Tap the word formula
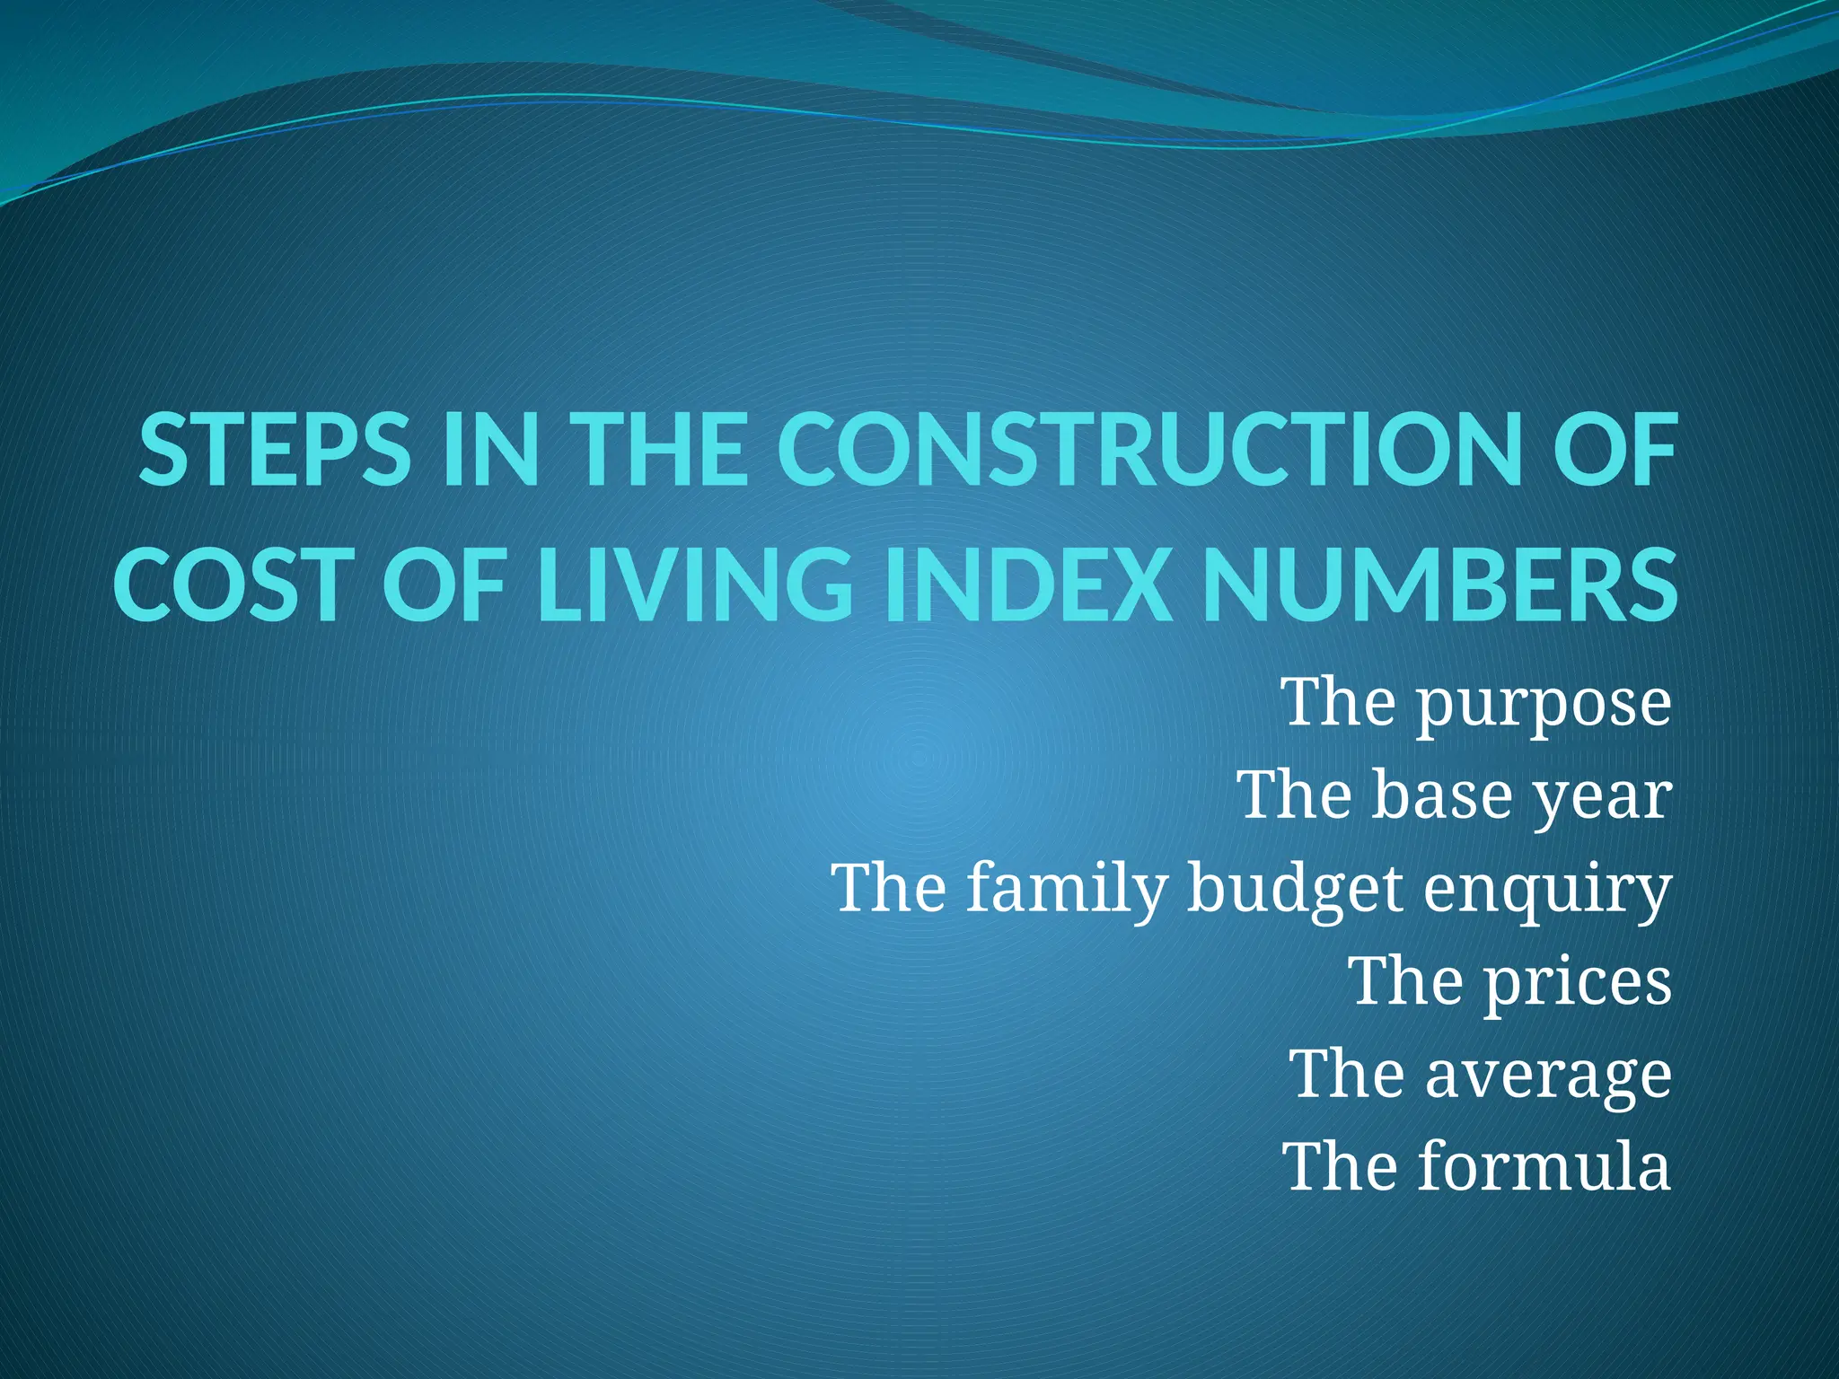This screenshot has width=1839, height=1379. coord(1544,1167)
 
